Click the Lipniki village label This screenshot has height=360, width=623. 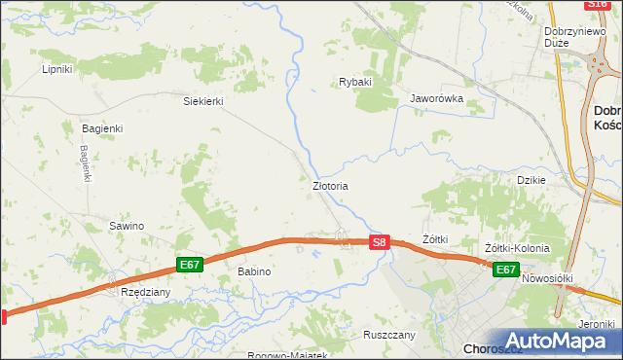(x=57, y=69)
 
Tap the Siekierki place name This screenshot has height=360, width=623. (x=204, y=100)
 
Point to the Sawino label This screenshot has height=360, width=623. (x=127, y=226)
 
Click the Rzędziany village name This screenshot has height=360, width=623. (x=145, y=291)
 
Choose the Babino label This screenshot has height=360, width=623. (x=254, y=271)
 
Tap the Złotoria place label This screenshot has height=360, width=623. (x=330, y=185)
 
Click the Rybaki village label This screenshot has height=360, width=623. (x=355, y=82)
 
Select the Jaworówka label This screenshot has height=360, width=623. (x=436, y=98)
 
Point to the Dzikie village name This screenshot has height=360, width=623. (x=531, y=179)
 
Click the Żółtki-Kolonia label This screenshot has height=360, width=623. (x=517, y=248)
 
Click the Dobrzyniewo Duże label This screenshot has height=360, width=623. (x=570, y=36)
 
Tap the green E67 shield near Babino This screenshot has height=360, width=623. (x=190, y=264)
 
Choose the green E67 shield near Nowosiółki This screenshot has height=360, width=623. (x=504, y=270)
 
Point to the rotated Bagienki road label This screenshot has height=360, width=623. (x=86, y=163)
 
